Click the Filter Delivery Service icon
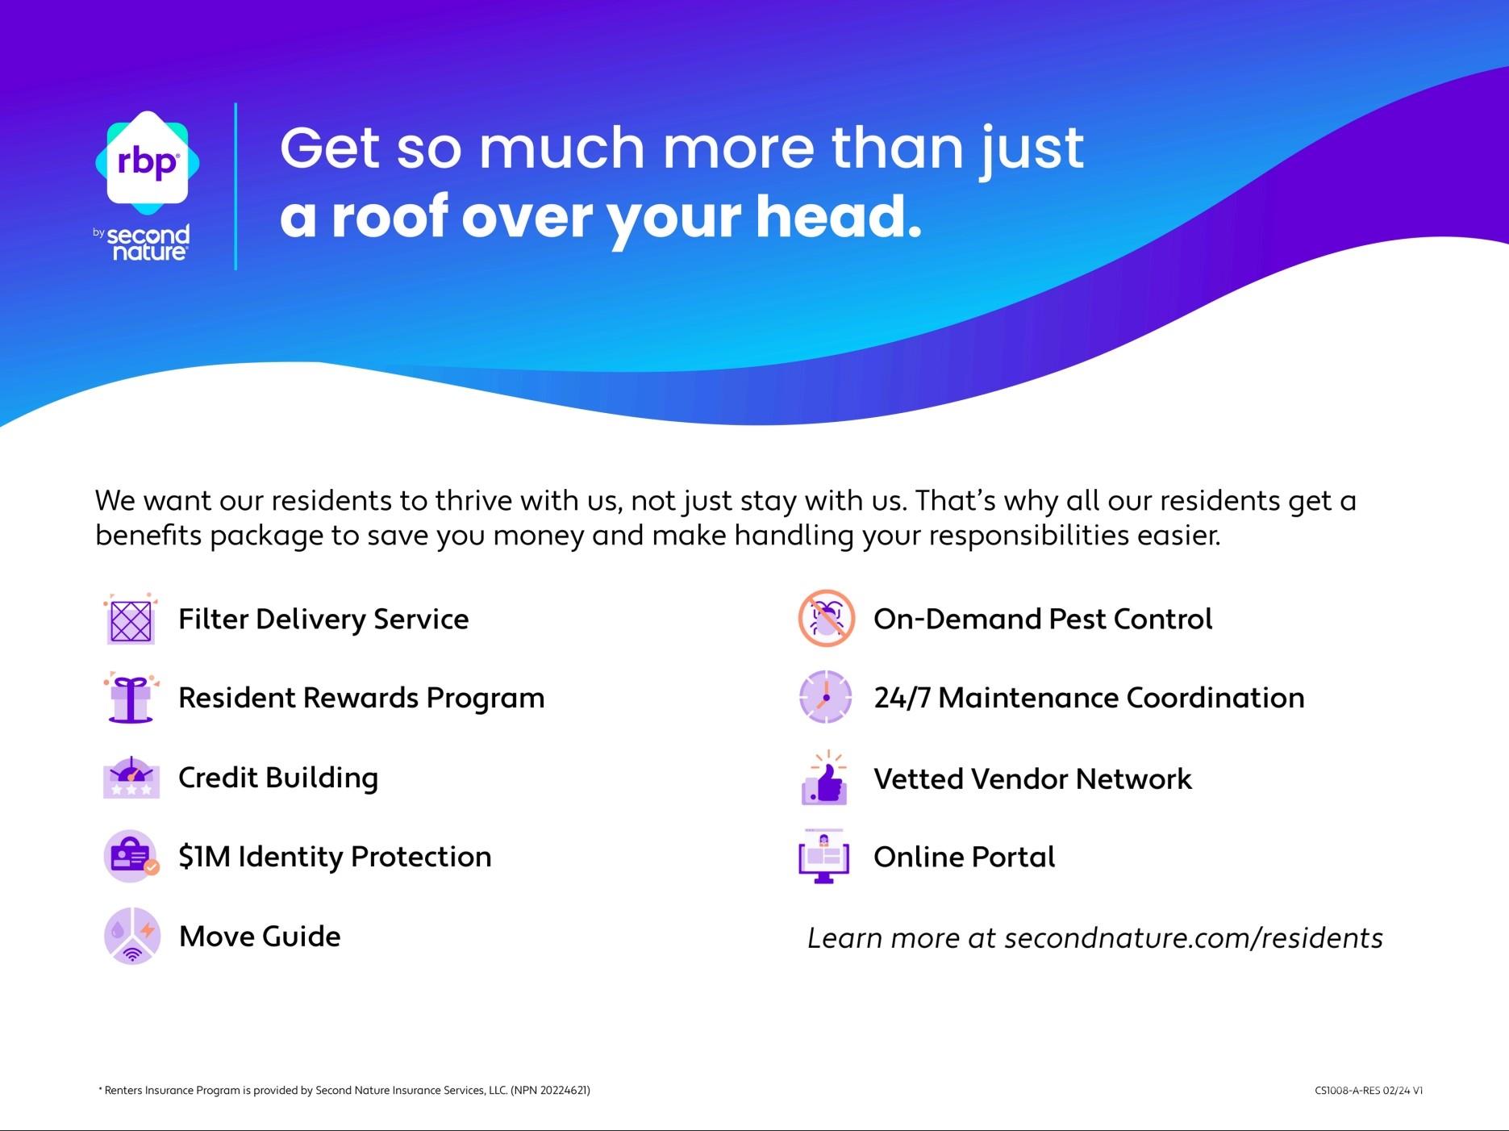(x=130, y=620)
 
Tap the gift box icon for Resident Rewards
(x=130, y=699)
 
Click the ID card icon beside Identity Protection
(x=131, y=857)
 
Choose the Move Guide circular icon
(x=131, y=937)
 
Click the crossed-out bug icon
(x=826, y=619)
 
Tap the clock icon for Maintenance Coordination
(x=825, y=697)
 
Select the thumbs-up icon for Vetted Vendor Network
(x=824, y=779)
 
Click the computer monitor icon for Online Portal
(x=824, y=858)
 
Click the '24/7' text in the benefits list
(x=902, y=698)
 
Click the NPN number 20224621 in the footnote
(x=563, y=1091)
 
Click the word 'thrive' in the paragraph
(x=473, y=501)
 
